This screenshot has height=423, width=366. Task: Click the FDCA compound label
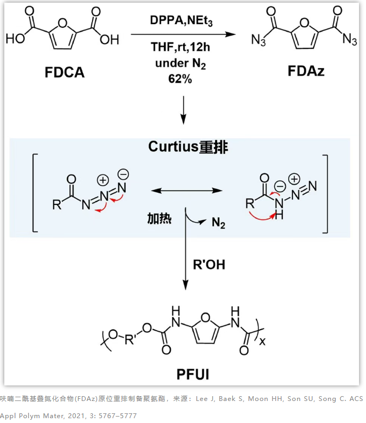pos(64,72)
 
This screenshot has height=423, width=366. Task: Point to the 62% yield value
pos(181,78)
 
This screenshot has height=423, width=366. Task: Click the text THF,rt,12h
pos(181,49)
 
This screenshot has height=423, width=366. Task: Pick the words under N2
pos(181,63)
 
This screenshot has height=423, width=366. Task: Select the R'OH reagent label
pos(209,264)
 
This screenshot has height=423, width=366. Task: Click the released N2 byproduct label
pos(218,222)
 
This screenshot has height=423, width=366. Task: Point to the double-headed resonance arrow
pos(186,191)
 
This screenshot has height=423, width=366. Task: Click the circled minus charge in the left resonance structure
pos(123,174)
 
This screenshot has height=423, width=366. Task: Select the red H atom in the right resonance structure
pos(278,216)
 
